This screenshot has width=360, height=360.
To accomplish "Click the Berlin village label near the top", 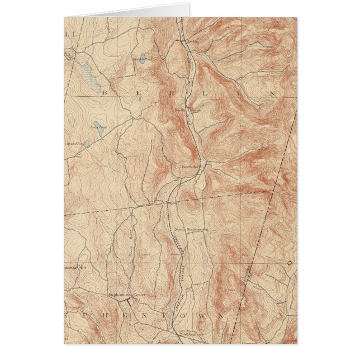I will click(192, 41).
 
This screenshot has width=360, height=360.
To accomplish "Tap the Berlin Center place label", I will click(187, 110).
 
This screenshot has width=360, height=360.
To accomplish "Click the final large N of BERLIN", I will click(272, 94).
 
